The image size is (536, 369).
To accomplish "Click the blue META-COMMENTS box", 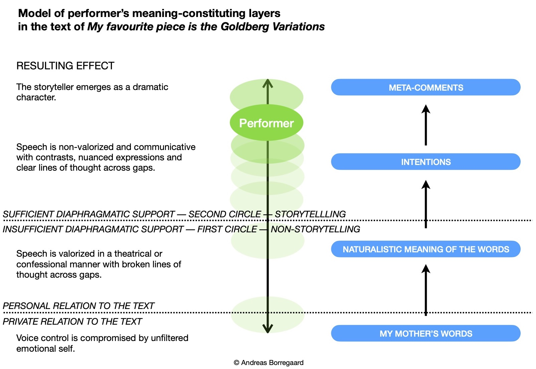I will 425,87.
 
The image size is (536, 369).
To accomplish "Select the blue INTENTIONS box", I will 425,162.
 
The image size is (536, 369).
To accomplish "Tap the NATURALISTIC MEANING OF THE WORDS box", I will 425,249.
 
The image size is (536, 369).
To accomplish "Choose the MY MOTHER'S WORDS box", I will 425,333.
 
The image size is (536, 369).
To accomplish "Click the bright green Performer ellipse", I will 266,123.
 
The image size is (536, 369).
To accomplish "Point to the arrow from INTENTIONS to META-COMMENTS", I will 425,125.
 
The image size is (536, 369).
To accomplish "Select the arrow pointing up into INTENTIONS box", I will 425,203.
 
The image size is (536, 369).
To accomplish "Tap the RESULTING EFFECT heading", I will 65,66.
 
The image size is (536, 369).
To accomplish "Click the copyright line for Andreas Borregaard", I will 269,363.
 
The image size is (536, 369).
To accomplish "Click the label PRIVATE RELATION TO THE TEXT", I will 72,322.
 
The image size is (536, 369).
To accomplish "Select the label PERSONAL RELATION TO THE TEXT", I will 78,306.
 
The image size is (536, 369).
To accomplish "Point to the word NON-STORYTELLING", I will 315,229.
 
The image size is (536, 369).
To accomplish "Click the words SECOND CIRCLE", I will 225,214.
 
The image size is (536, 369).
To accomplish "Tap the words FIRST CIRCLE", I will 227,229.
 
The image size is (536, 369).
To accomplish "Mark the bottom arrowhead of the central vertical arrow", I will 267,329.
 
